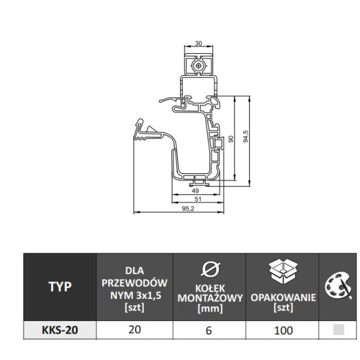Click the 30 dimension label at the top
click(x=198, y=43)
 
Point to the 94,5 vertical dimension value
click(x=246, y=136)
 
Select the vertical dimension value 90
click(x=231, y=139)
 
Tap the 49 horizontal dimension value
click(x=195, y=191)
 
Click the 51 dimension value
click(x=197, y=199)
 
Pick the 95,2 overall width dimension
click(x=188, y=208)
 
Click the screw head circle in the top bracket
click(x=198, y=66)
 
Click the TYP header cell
click(x=60, y=287)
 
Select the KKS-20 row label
click(x=60, y=330)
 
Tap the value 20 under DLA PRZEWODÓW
click(x=134, y=330)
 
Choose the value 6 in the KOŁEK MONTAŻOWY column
click(x=209, y=330)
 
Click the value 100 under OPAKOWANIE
click(x=283, y=330)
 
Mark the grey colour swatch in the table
click(x=339, y=330)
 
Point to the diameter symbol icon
click(x=210, y=268)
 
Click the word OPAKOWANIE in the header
click(x=283, y=298)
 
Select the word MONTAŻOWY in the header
click(x=210, y=298)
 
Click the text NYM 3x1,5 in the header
click(x=136, y=296)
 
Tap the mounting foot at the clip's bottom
click(x=199, y=183)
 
